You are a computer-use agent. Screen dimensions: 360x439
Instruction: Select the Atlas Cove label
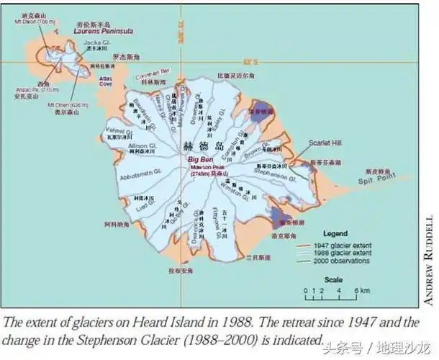click(106, 81)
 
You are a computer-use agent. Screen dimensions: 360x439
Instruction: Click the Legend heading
click(335, 234)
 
